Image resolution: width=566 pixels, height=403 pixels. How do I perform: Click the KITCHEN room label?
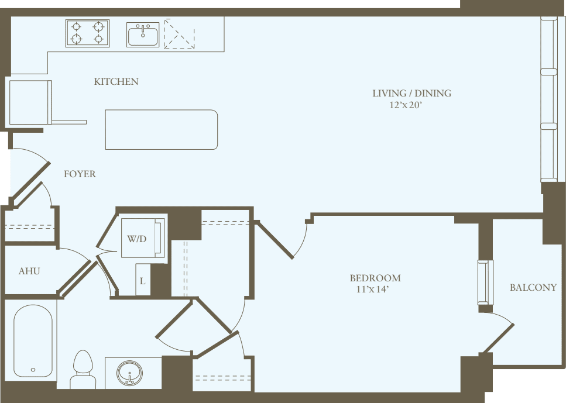click(x=116, y=82)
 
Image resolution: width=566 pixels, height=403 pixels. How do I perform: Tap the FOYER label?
click(x=80, y=174)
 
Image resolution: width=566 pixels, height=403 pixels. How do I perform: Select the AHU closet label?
click(x=29, y=271)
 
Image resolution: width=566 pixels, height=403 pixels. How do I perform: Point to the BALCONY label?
click(x=533, y=288)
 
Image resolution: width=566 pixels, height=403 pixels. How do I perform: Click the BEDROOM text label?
click(x=375, y=278)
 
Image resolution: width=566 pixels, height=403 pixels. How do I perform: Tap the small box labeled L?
click(x=143, y=280)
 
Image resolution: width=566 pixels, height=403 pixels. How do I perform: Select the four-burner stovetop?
click(x=87, y=33)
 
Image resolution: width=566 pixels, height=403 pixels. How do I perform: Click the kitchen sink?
click(x=143, y=35)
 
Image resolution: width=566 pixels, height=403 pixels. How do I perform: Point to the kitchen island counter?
click(x=162, y=129)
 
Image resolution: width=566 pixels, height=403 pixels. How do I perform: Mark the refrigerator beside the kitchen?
click(x=30, y=102)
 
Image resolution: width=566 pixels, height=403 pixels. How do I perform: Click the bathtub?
click(x=33, y=340)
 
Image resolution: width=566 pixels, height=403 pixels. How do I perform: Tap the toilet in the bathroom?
click(x=83, y=368)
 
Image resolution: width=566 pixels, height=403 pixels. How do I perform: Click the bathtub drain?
click(x=33, y=370)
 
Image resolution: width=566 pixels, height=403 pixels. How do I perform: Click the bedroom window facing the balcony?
click(x=485, y=282)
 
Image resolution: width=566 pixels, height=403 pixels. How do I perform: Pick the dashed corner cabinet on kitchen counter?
click(x=179, y=35)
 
